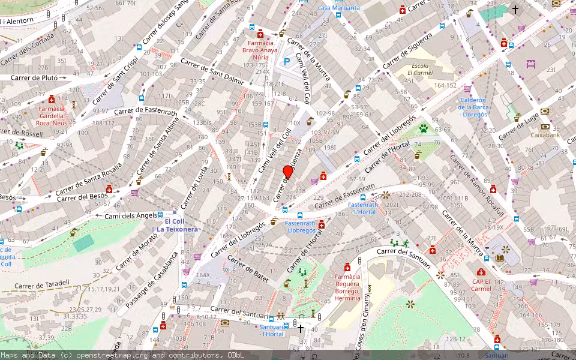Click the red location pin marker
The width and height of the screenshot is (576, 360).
tap(288, 172)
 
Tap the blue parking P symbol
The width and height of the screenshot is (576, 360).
tap(287, 61)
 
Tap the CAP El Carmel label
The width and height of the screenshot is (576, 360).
tap(480, 284)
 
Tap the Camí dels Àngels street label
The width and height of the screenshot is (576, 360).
tap(131, 215)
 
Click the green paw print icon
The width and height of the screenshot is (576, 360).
tap(424, 128)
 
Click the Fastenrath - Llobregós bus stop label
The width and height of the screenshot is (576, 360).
tap(301, 227)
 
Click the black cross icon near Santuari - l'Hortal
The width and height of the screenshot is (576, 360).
tap(301, 328)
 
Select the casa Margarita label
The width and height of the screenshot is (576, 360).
tap(338, 7)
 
